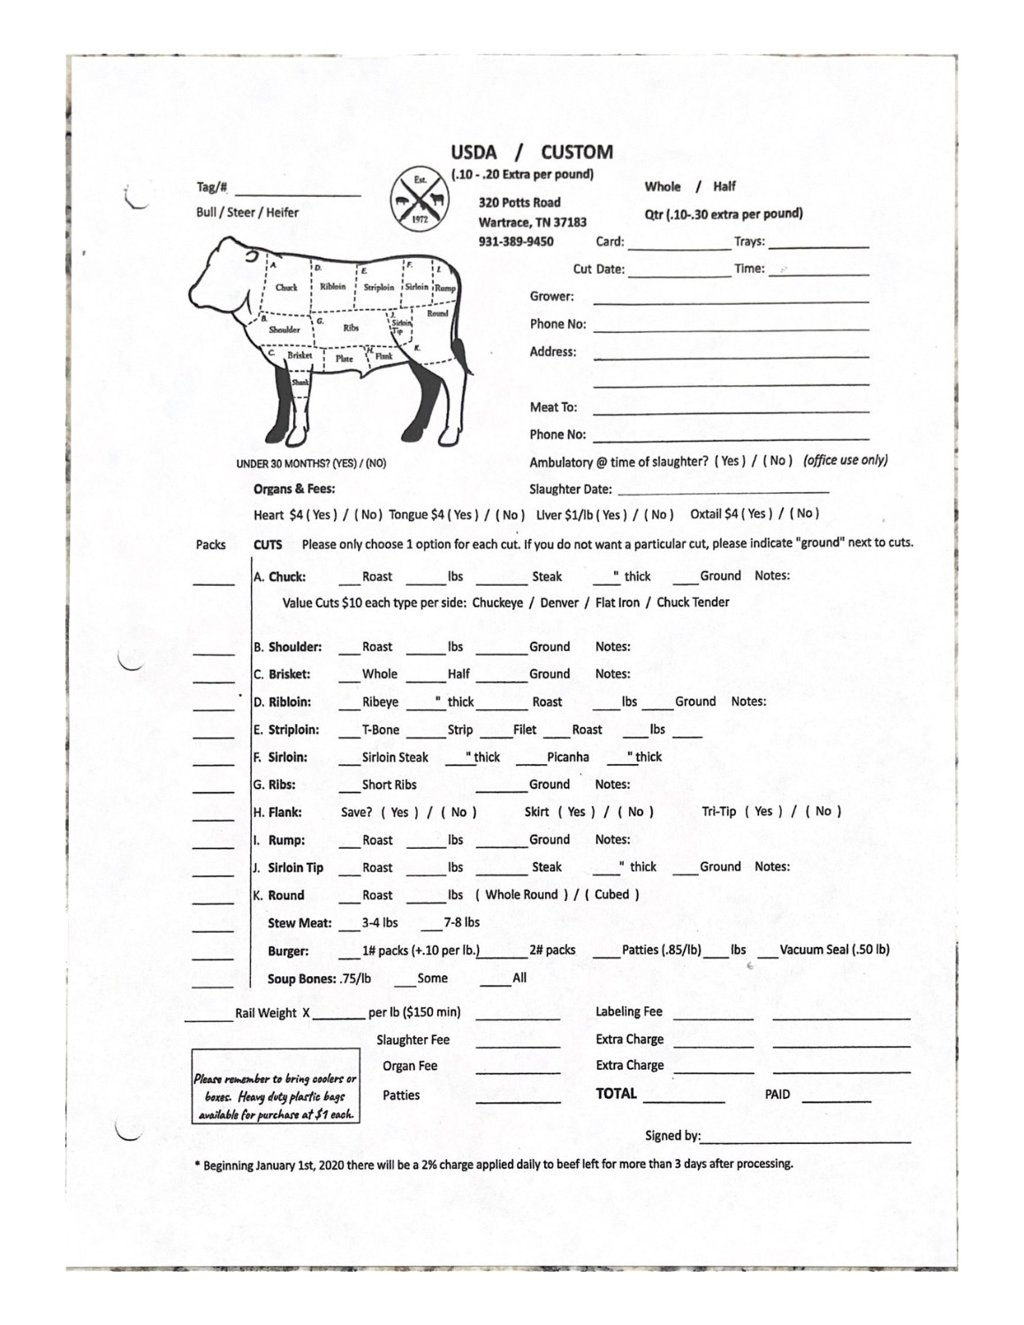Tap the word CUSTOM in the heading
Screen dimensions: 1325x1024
[x=576, y=152]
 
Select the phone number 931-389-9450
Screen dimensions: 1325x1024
[x=516, y=241]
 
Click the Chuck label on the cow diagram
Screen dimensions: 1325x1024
[x=286, y=287]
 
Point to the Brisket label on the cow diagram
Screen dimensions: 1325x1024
[x=300, y=355]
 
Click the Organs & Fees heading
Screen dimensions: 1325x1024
[x=294, y=488]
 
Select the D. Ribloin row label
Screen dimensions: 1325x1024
[x=282, y=702]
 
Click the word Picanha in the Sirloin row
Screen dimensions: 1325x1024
[x=567, y=757]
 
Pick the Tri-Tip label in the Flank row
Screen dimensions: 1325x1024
[x=718, y=811]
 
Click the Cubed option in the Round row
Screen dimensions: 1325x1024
[x=611, y=894]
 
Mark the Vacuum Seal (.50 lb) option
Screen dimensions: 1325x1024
[x=834, y=950]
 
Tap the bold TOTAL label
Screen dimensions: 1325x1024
[x=616, y=1094]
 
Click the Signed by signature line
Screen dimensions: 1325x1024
[x=806, y=1138]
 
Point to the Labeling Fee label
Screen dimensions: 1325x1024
[x=628, y=1012]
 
